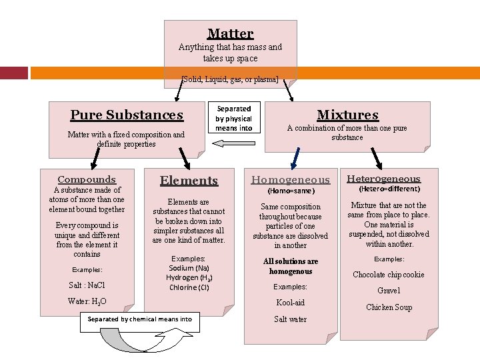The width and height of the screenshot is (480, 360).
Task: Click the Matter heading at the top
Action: (x=231, y=34)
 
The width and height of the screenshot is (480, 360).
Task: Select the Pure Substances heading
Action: (x=127, y=115)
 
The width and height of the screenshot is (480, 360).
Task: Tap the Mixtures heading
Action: (x=348, y=115)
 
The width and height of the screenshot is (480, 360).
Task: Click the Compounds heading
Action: (x=87, y=179)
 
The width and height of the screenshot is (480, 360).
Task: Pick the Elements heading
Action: (x=189, y=180)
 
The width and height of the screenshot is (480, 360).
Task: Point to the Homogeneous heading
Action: (x=291, y=180)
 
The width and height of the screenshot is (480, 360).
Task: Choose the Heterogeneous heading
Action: (x=383, y=179)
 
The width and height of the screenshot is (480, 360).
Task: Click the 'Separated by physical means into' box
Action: (x=234, y=117)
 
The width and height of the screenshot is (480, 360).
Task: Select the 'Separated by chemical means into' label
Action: (x=140, y=319)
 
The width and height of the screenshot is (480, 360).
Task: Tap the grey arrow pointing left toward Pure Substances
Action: (x=233, y=143)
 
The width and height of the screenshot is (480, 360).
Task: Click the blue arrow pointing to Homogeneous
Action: (x=295, y=159)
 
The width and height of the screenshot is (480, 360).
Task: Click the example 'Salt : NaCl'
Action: (x=87, y=285)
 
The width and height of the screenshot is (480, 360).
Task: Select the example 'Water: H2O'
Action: (x=87, y=301)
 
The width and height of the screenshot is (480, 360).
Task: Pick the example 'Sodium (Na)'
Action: (x=189, y=268)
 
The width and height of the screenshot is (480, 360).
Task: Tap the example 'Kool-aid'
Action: (x=291, y=303)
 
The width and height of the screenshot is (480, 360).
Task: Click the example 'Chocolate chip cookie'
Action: (x=389, y=275)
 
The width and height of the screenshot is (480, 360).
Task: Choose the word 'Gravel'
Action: (x=389, y=291)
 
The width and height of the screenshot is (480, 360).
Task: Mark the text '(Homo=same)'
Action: (x=291, y=191)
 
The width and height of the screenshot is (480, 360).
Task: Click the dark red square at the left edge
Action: (x=14, y=73)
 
